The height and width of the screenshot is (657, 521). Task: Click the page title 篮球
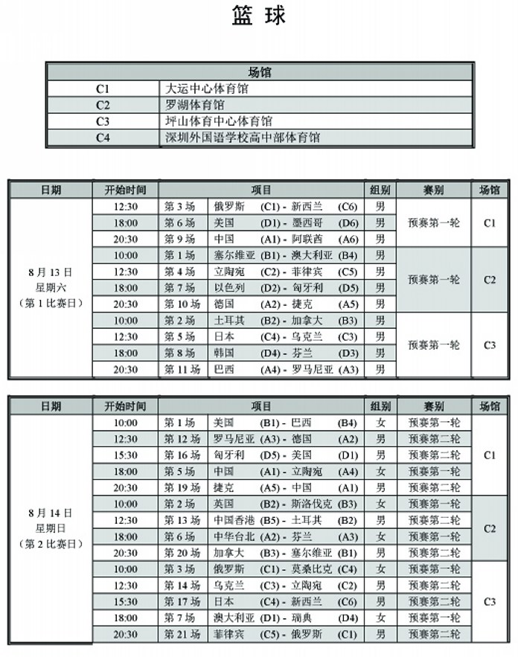click(x=259, y=16)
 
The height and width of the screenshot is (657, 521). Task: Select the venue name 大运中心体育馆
click(x=207, y=89)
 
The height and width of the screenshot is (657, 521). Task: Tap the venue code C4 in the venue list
click(x=103, y=138)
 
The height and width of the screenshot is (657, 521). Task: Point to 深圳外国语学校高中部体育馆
click(x=242, y=138)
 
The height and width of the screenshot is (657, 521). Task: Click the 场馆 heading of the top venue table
click(x=259, y=72)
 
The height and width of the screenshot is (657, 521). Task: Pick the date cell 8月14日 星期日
click(x=51, y=528)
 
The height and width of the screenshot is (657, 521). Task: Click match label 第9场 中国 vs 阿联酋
click(x=179, y=239)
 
